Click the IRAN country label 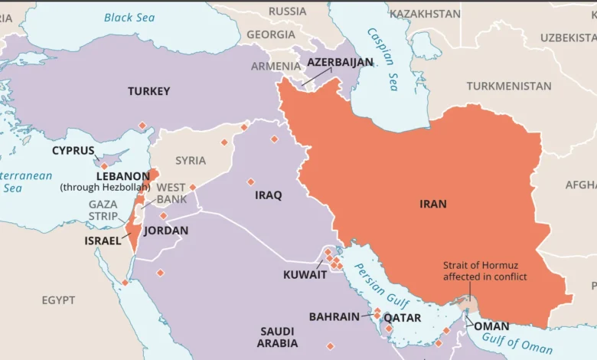[x=433, y=204]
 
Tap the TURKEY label [x=149, y=91]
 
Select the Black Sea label [x=129, y=17]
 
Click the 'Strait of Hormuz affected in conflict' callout [x=484, y=271]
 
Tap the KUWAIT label [x=305, y=275]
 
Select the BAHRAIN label [x=334, y=316]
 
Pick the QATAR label [x=402, y=316]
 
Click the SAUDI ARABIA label [x=277, y=337]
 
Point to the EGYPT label [x=59, y=299]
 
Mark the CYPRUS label [x=73, y=150]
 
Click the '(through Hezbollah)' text [x=106, y=187]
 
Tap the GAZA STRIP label [x=103, y=210]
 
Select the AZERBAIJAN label [x=340, y=62]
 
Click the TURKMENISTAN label [x=509, y=86]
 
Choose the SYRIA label [x=191, y=160]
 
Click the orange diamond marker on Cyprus [x=104, y=165]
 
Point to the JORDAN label [x=166, y=230]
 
